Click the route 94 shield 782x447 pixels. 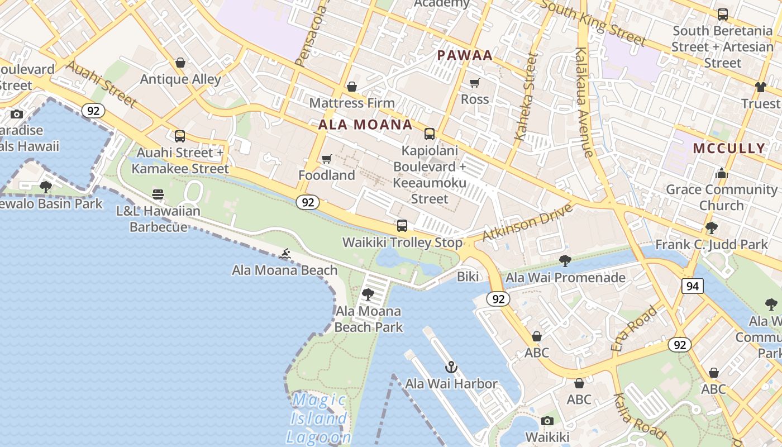pos(692,286)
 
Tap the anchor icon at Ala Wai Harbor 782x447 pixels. pos(451,367)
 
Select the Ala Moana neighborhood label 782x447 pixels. pos(365,125)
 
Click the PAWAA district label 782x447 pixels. pos(465,55)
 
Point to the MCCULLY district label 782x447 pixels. pos(729,148)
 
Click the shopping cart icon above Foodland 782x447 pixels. pos(327,159)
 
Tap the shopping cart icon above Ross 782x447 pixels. pos(474,83)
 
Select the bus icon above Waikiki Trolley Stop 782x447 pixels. pos(402,226)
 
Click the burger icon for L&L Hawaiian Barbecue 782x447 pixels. pos(158,194)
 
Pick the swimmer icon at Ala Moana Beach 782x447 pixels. pos(285,254)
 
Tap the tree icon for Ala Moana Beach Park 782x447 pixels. pos(368,294)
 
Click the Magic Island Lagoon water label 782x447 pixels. pos(319,419)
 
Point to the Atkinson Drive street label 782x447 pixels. pos(528,222)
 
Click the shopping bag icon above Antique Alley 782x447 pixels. pos(180,63)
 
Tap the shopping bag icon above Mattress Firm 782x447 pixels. pos(352,87)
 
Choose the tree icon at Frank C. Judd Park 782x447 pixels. pos(711,228)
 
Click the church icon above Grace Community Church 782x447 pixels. pos(721,173)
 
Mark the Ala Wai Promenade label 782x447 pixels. pos(565,277)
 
